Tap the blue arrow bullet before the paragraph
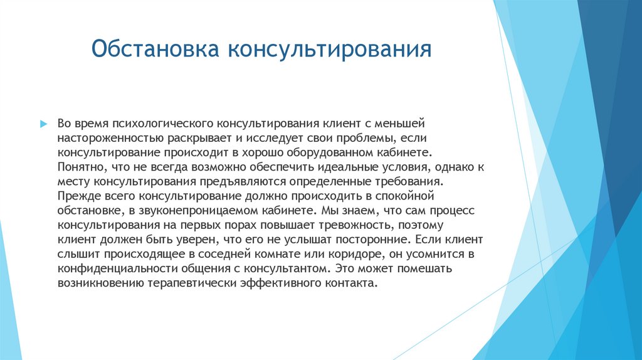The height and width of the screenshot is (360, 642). click(43, 124)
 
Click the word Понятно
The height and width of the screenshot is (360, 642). click(78, 167)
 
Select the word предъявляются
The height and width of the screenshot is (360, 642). click(246, 181)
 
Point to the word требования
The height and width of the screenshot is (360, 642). click(405, 181)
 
